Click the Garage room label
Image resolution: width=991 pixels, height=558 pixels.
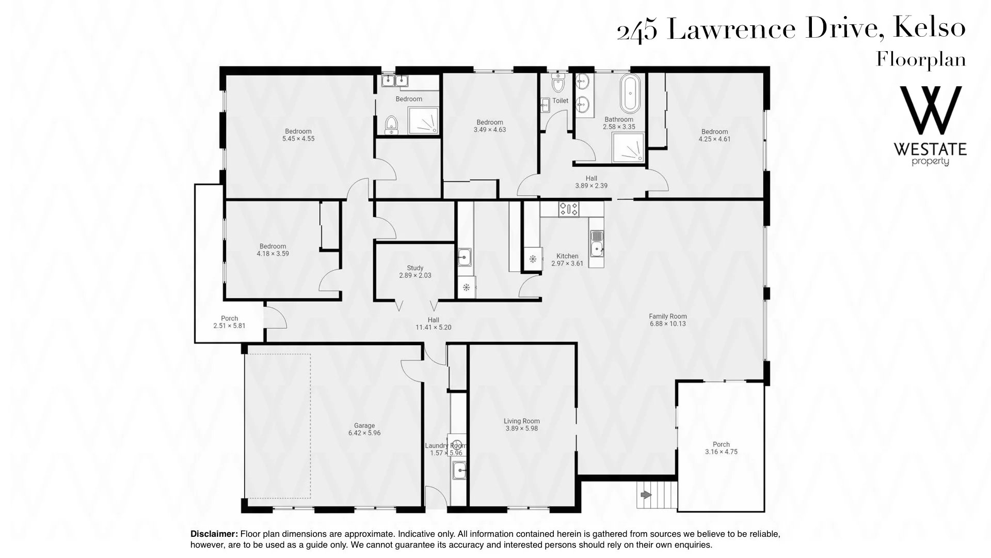tap(364, 426)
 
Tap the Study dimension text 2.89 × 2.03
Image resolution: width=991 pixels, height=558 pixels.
tap(415, 275)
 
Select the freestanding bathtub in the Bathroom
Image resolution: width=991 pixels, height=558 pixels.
tap(630, 94)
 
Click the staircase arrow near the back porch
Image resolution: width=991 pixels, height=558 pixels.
tap(646, 495)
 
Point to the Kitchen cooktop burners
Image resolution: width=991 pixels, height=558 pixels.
tap(568, 209)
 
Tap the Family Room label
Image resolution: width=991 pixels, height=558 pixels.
tap(668, 316)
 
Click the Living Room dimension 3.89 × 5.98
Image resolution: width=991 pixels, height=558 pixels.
tap(522, 428)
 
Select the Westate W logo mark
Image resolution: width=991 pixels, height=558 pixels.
tap(931, 111)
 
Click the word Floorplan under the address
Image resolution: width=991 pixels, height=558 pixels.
tap(921, 60)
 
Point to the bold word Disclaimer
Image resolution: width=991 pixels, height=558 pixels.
tap(214, 534)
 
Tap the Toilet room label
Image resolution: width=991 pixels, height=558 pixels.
tap(561, 101)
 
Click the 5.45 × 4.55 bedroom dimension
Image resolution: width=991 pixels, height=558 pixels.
tap(298, 138)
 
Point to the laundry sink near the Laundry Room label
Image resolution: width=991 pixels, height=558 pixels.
tap(459, 470)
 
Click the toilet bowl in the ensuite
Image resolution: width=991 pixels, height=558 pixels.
tap(391, 124)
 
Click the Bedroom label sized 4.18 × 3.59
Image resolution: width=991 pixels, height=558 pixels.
tap(273, 246)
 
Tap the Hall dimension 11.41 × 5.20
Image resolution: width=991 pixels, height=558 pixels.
tap(434, 327)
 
